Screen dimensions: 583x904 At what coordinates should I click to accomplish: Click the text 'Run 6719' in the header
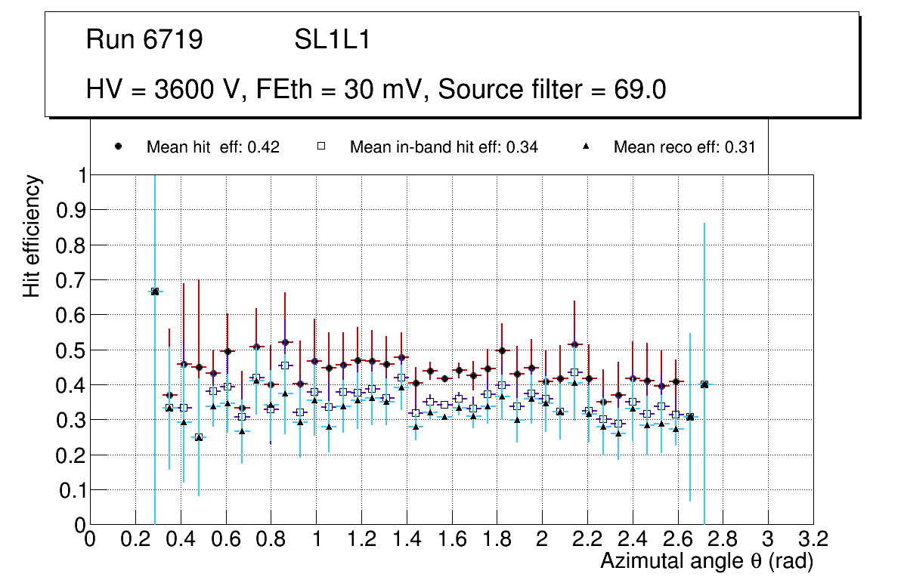(144, 40)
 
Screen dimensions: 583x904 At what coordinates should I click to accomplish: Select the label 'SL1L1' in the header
(332, 40)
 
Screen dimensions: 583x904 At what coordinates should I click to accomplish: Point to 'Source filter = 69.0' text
(552, 90)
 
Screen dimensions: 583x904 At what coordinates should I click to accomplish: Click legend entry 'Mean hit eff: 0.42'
(212, 147)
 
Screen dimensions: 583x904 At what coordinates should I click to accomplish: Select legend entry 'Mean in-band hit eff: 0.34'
(443, 147)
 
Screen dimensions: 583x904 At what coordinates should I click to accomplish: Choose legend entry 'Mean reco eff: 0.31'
(684, 147)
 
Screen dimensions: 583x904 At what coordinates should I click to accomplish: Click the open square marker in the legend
(321, 147)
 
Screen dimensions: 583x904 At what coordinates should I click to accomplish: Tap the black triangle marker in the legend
(587, 147)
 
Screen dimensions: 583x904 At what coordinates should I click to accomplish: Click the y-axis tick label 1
(79, 175)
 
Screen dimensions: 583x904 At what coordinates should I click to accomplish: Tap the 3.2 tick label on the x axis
(813, 539)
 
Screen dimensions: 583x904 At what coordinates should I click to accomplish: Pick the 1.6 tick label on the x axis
(451, 539)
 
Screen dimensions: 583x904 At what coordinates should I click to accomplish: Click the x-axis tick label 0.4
(181, 539)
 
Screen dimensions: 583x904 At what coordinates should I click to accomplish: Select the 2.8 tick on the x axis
(723, 539)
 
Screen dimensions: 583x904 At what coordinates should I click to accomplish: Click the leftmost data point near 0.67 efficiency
(155, 291)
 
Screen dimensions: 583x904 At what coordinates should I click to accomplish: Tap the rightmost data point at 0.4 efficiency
(704, 384)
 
